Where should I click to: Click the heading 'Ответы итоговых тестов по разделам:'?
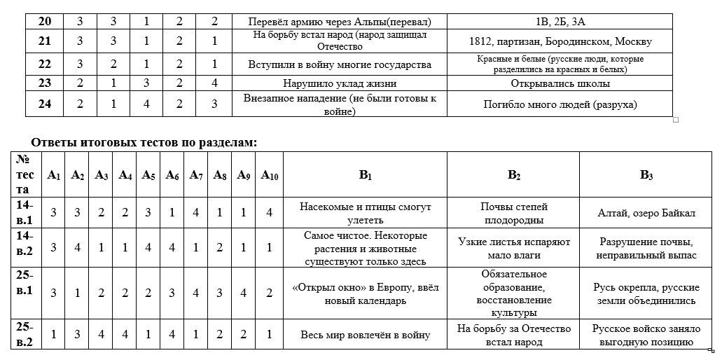click(x=144, y=142)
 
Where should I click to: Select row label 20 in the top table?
click(x=44, y=22)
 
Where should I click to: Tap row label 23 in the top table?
click(x=44, y=83)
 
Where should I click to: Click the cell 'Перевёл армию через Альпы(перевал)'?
click(x=340, y=22)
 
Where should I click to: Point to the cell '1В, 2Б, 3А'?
click(x=560, y=22)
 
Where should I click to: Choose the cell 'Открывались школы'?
click(x=560, y=83)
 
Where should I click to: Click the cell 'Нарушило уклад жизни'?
click(x=340, y=83)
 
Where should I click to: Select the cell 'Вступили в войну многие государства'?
click(x=340, y=64)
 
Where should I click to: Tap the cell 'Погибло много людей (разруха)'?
click(x=560, y=104)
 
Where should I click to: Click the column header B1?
click(x=365, y=175)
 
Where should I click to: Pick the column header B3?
click(x=646, y=175)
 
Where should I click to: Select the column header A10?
click(x=270, y=175)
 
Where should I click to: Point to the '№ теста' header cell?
click(x=25, y=174)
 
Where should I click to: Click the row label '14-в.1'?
click(x=25, y=213)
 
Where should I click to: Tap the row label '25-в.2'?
click(x=25, y=334)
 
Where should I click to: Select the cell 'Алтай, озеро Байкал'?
click(x=646, y=213)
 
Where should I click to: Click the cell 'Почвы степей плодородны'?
click(x=514, y=213)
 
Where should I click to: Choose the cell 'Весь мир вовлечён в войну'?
click(x=365, y=335)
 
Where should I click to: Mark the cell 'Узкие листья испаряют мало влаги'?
click(x=514, y=248)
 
